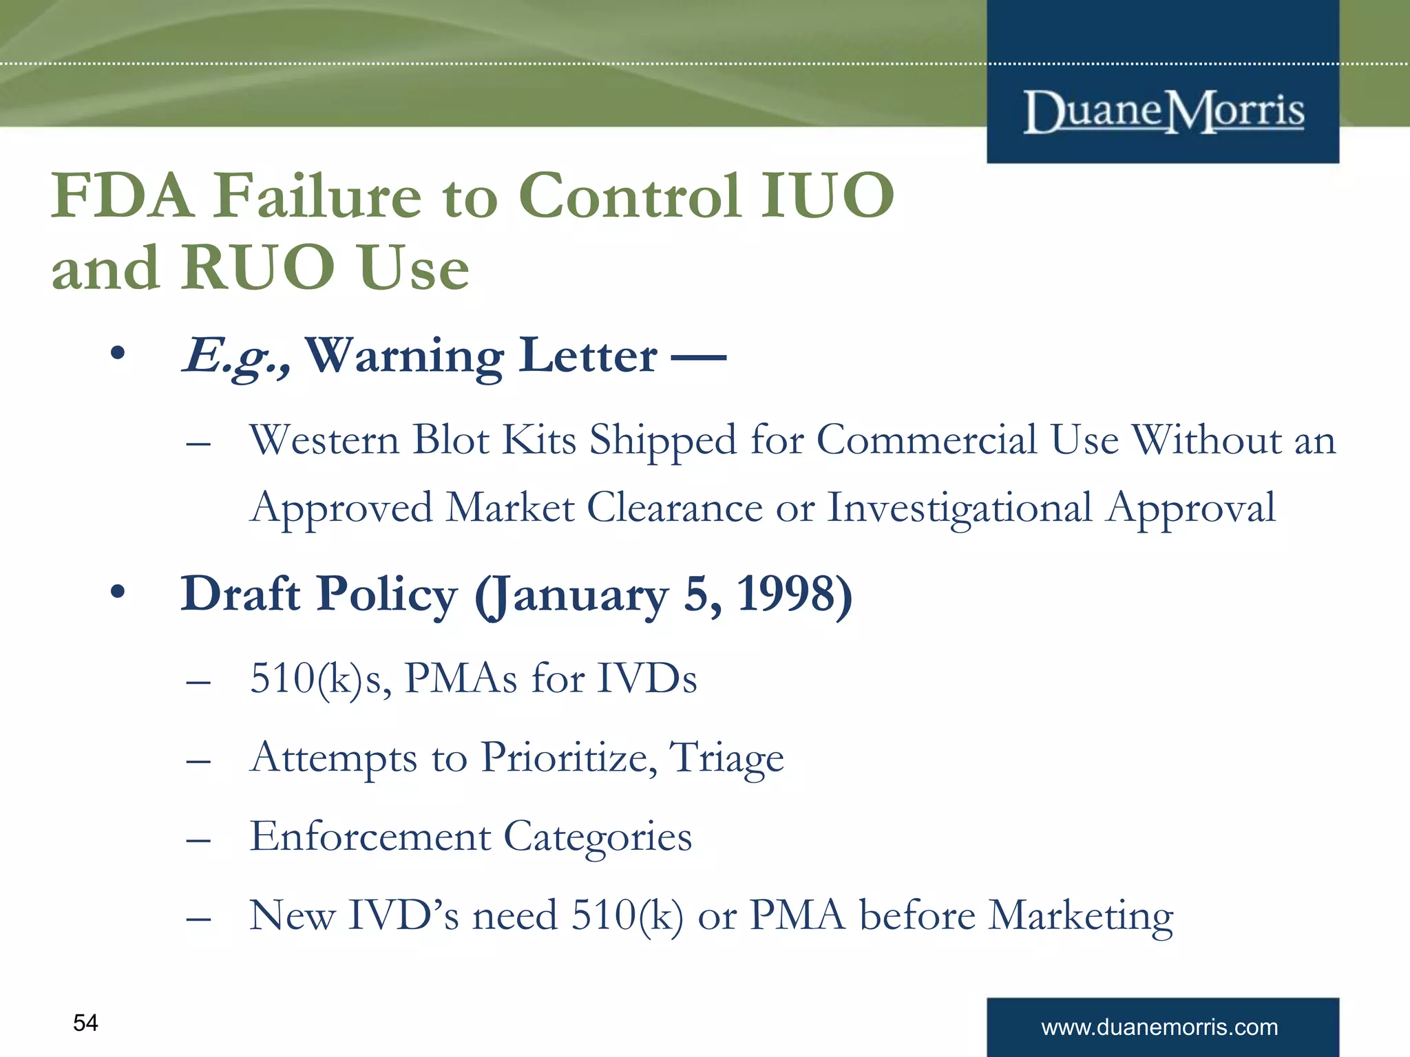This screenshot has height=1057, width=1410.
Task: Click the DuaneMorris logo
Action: pos(1164,111)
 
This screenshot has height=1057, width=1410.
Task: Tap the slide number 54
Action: pos(85,1023)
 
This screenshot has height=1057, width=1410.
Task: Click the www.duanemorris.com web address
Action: pos(1159,1027)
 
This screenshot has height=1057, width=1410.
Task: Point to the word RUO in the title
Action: pos(259,268)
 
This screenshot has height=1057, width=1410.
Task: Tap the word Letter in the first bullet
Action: pos(588,356)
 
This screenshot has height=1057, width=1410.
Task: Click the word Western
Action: pos(324,440)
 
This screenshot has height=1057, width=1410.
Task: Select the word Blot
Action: pos(450,440)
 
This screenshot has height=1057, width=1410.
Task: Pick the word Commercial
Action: pos(926,440)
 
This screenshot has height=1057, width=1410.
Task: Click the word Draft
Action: pos(240,594)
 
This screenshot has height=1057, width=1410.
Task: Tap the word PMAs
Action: pos(461,679)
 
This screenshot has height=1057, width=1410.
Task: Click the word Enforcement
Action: pos(370,837)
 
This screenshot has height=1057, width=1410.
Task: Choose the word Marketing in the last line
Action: pos(1081,916)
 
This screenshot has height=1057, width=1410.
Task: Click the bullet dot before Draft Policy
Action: pos(118,592)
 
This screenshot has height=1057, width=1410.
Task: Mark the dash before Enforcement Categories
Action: pos(198,840)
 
